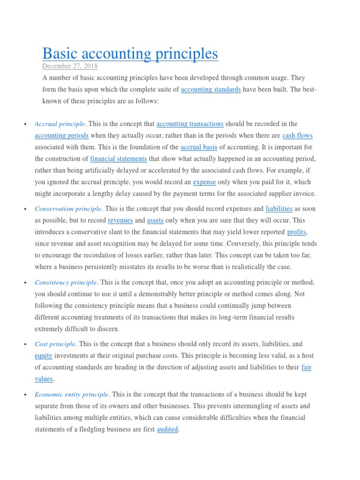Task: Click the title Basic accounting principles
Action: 130,53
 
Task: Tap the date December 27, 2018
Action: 70,67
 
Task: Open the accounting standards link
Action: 210,89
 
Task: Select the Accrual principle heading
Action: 60,124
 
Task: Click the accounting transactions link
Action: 190,124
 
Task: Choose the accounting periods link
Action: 61,135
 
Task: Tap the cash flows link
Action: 297,135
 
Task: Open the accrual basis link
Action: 199,147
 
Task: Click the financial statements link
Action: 119,159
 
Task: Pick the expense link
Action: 204,182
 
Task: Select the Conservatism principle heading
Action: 68,209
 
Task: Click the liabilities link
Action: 279,209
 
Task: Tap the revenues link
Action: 120,220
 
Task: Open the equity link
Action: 44,355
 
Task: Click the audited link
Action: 167,429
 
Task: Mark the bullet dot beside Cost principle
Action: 23,345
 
